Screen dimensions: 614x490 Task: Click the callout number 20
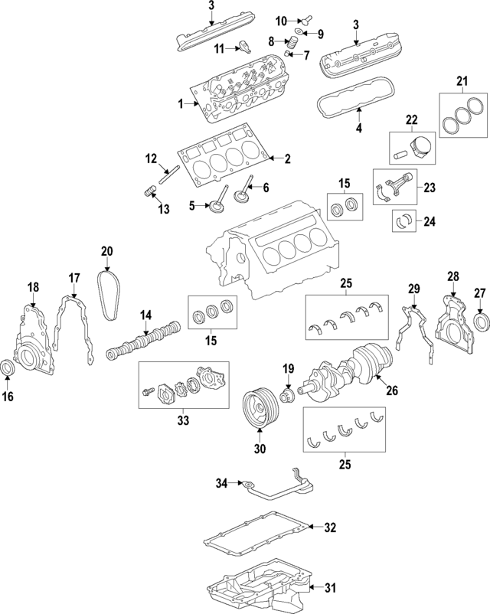coord(106,251)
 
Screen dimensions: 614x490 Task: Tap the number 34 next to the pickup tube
coord(221,482)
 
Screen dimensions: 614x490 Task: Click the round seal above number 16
coord(8,368)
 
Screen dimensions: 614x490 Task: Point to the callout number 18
coord(34,287)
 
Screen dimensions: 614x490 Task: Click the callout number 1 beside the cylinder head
coord(181,103)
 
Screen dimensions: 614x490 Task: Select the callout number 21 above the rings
coord(461,82)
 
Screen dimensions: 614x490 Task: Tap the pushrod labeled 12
coord(166,175)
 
